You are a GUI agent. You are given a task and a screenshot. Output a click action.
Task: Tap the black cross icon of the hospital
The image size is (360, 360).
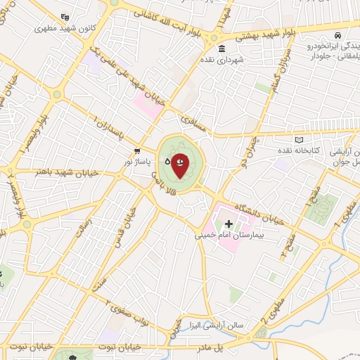(x=229, y=223)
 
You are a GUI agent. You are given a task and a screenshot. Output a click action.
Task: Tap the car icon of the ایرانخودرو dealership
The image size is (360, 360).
(x=338, y=34)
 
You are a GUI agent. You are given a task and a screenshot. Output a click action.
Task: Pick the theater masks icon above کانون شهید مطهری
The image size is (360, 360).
(x=65, y=16)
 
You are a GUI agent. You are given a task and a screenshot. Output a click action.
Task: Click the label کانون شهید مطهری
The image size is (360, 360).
(x=65, y=28)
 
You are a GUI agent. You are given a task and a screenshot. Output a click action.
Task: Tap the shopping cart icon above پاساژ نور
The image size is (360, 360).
(x=137, y=151)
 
